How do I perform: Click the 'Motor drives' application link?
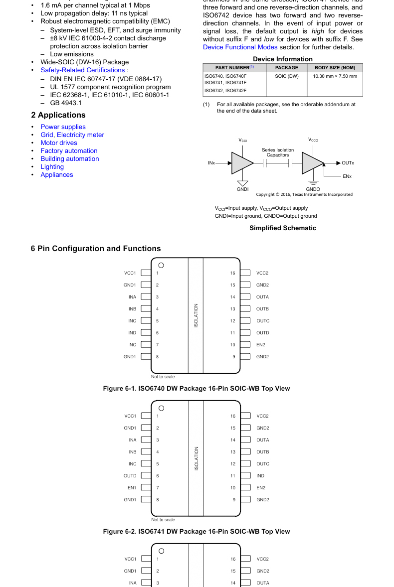tap(59, 143)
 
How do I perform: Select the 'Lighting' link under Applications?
tap(52, 167)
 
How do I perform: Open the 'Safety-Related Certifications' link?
tap(83, 70)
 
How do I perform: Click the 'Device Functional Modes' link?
tap(240, 47)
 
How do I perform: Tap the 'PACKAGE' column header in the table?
tap(286, 68)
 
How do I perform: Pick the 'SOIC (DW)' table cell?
tap(286, 76)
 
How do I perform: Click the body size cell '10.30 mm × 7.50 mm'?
tap(335, 76)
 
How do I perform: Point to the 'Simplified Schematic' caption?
tap(283, 228)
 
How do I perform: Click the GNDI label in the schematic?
tap(242, 189)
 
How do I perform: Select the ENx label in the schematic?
tap(347, 176)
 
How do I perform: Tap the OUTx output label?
tap(348, 163)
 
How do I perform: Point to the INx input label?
tap(211, 163)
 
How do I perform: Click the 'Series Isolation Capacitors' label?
tap(278, 152)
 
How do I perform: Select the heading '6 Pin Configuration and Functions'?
tap(96, 249)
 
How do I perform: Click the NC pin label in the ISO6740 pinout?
tap(132, 345)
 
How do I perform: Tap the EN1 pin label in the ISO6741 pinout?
tap(132, 488)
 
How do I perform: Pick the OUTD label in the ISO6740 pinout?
tap(262, 333)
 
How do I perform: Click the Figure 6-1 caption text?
tap(196, 389)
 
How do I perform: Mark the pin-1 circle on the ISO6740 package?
tap(161, 266)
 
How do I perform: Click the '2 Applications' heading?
tap(58, 115)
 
